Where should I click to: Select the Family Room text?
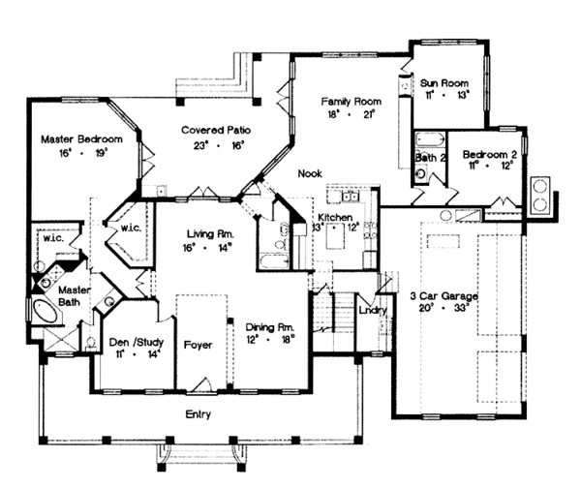pyautogui.click(x=351, y=101)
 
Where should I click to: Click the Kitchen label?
pyautogui.click(x=335, y=219)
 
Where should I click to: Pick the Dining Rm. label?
pyautogui.click(x=267, y=326)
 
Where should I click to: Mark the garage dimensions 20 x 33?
pyautogui.click(x=447, y=308)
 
